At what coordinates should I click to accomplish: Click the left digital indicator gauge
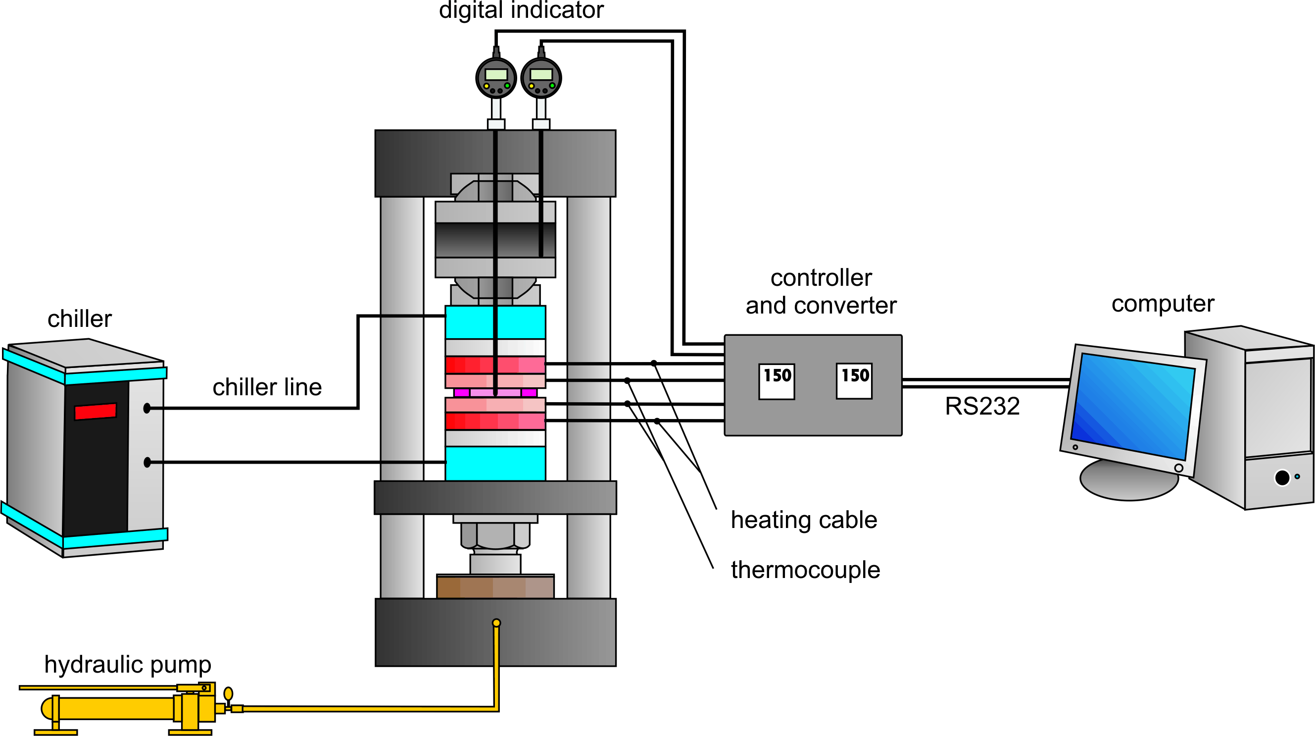coord(496,78)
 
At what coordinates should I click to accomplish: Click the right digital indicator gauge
coord(540,78)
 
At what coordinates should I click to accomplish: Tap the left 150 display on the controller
coord(777,381)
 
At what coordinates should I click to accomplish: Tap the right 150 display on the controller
coord(854,381)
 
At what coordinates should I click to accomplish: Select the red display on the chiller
coord(96,411)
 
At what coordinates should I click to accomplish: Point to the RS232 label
coord(982,407)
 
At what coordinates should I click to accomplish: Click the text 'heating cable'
coord(804,520)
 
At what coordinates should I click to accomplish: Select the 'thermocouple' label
coord(806,570)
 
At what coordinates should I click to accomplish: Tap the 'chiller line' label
coord(267,387)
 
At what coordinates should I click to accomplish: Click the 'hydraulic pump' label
coord(128,665)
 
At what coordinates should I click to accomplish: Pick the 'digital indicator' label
coord(521,10)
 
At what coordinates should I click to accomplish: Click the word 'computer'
coord(1163,304)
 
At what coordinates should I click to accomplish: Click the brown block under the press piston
coord(495,586)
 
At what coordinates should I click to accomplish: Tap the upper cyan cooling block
coord(495,322)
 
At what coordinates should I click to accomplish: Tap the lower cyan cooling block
coord(495,464)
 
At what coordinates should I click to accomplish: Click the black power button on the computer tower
coord(1282,477)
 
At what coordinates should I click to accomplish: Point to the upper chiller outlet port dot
coord(147,408)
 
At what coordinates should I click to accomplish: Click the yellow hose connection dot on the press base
coord(496,623)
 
